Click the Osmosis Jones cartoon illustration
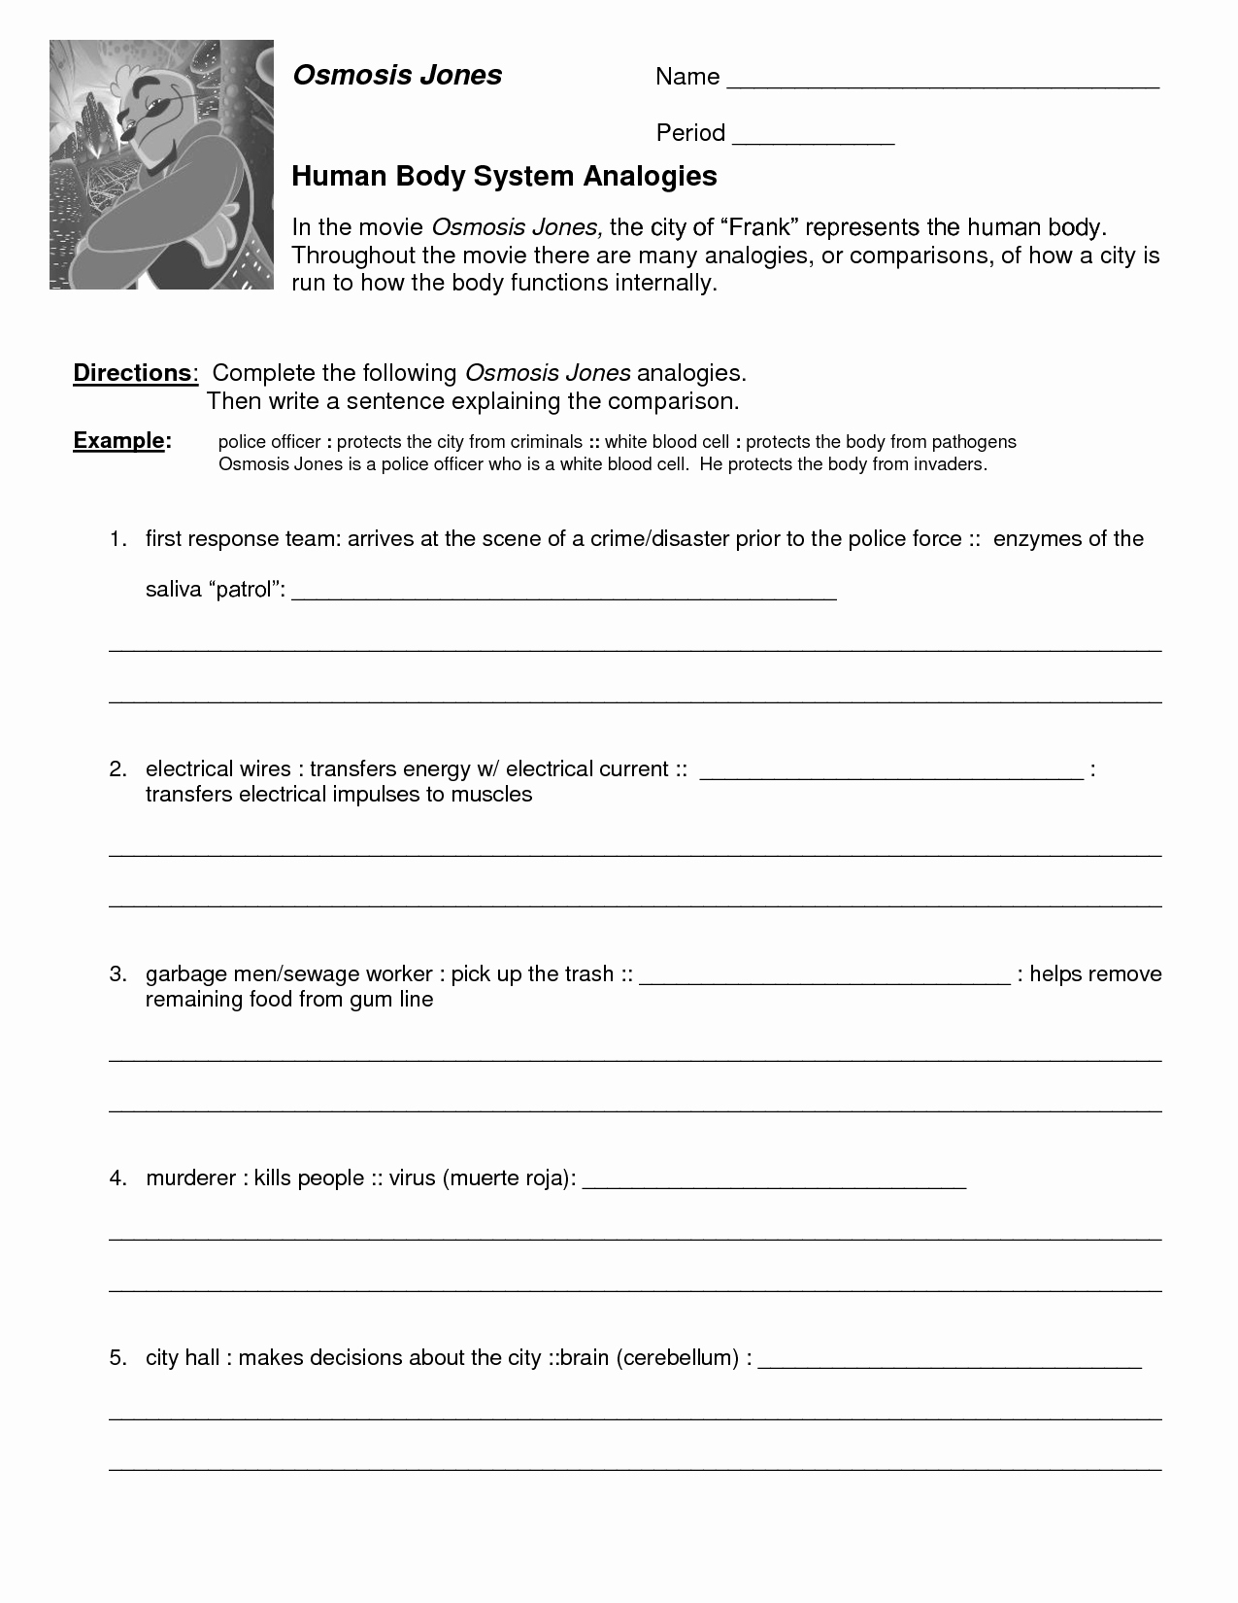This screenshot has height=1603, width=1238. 161,164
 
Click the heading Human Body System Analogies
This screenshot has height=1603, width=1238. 504,176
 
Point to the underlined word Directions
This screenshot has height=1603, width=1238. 133,373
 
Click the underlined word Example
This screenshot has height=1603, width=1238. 119,441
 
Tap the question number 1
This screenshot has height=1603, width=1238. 117,539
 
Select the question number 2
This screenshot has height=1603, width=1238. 117,769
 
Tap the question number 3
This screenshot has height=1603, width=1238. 117,974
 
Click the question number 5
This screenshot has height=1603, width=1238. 117,1358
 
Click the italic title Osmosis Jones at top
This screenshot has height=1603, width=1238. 397,76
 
